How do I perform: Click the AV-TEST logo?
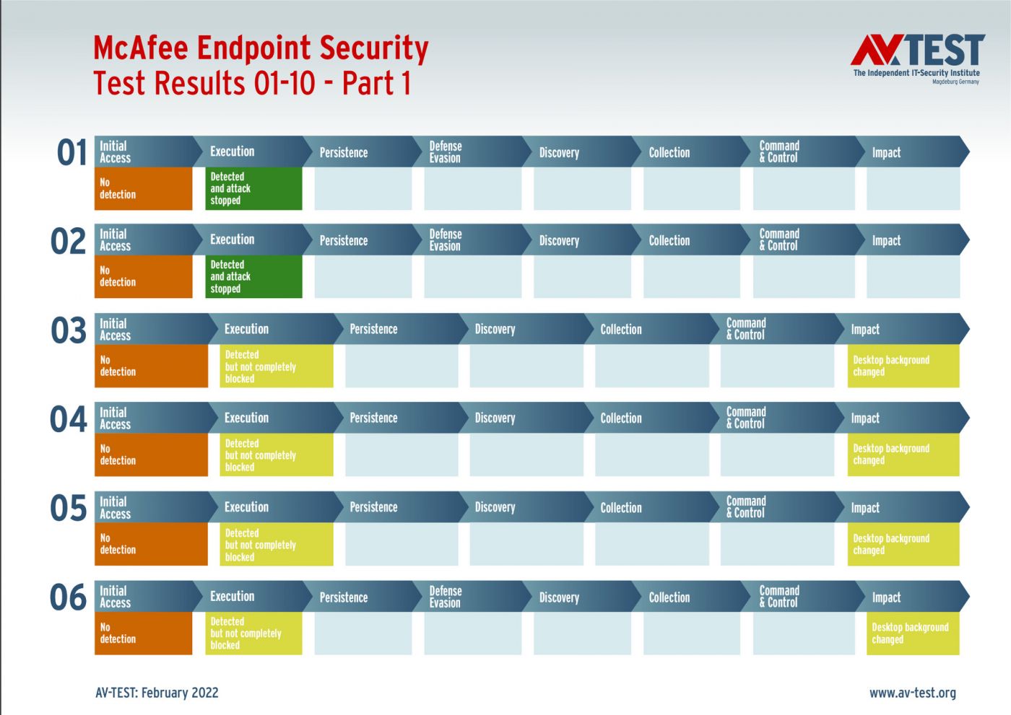tap(917, 59)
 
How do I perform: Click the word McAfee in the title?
tap(141, 48)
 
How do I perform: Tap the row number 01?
tap(71, 152)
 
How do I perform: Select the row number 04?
tap(68, 418)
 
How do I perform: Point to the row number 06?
tap(68, 597)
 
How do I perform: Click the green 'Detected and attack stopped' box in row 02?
tap(253, 276)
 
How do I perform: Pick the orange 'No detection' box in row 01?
tap(143, 188)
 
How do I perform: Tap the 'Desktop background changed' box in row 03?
tap(903, 366)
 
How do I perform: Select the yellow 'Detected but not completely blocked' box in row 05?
tap(277, 544)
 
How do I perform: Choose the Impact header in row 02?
tap(912, 240)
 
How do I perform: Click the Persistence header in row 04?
tap(398, 418)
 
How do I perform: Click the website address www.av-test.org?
tap(913, 693)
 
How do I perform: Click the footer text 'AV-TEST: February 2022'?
tap(157, 693)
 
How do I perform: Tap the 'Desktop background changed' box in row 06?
tap(913, 633)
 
